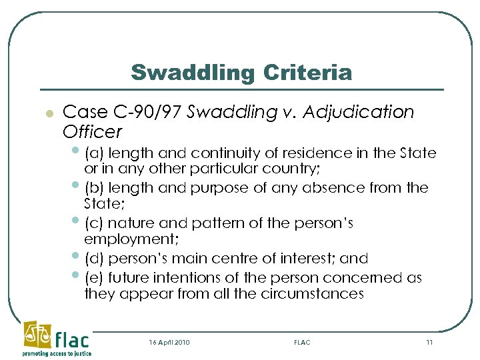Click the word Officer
(x=93, y=131)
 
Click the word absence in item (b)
(x=316, y=188)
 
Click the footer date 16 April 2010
(x=170, y=342)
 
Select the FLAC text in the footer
(x=302, y=342)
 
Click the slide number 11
(x=429, y=342)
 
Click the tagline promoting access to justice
(x=56, y=354)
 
